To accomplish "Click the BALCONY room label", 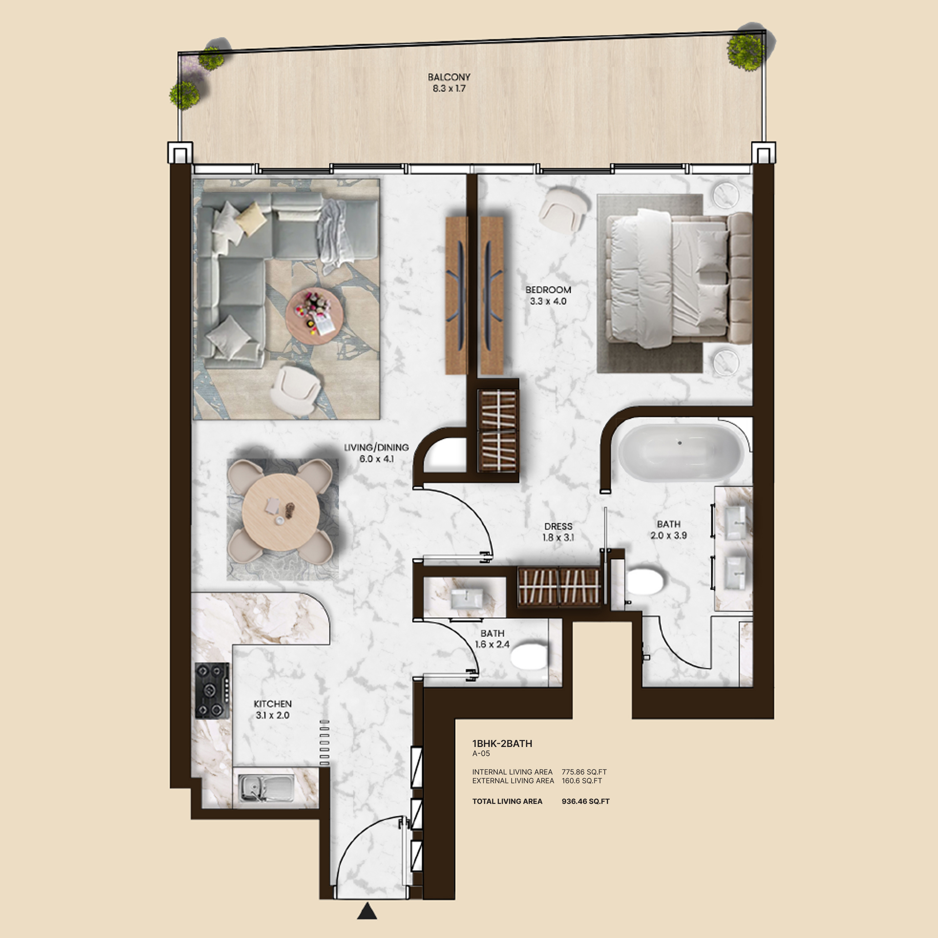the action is point(449,77).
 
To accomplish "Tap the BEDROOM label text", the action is point(548,290).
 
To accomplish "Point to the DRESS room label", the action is point(558,526).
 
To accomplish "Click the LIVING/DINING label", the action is point(376,447).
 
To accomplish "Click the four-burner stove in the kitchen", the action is point(212,690).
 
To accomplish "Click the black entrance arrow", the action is point(367,911).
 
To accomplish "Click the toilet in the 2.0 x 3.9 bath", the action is point(645,582).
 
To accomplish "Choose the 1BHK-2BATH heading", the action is point(502,743).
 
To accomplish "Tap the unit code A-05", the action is point(481,754).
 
